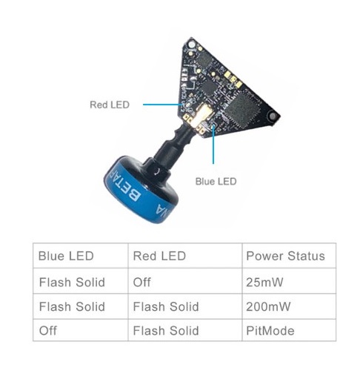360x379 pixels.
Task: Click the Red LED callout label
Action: (x=110, y=105)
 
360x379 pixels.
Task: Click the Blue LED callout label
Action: (x=216, y=182)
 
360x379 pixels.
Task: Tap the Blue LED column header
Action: (x=66, y=256)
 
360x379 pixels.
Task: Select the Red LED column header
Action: (x=159, y=256)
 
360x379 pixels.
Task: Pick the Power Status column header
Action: (x=285, y=256)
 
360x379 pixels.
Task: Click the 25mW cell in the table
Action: (x=264, y=282)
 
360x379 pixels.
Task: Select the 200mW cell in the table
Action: (x=268, y=306)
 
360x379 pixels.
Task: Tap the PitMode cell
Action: (x=270, y=331)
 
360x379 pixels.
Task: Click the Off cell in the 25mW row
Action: (x=141, y=282)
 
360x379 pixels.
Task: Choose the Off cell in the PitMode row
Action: (x=48, y=331)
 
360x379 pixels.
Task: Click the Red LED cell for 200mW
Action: (x=166, y=306)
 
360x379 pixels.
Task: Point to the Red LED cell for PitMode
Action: (x=166, y=331)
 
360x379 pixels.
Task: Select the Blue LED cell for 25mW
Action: (x=72, y=282)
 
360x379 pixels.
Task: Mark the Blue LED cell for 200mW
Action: (x=72, y=306)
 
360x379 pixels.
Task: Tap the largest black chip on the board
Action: (x=243, y=109)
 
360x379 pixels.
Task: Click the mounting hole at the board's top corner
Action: (x=191, y=45)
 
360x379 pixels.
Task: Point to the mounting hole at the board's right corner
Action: (x=273, y=116)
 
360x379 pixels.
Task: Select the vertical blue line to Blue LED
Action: (x=213, y=145)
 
